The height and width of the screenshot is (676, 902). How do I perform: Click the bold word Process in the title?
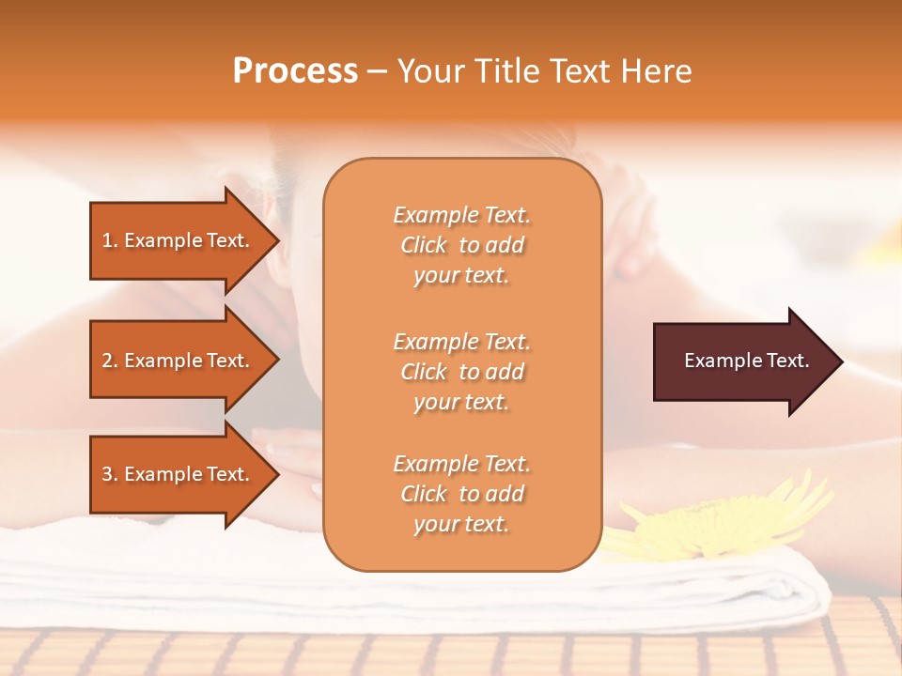click(295, 71)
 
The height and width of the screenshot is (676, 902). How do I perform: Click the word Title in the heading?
click(507, 71)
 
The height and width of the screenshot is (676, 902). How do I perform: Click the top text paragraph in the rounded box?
click(461, 245)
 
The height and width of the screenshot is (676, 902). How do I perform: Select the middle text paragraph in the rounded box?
click(461, 372)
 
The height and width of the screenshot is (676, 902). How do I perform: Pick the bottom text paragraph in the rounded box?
click(461, 494)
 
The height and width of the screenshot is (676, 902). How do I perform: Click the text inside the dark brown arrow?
click(746, 361)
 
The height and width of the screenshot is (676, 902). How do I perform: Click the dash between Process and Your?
click(377, 72)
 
